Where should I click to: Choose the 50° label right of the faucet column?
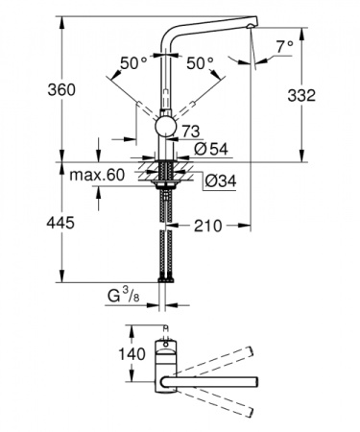(198, 63)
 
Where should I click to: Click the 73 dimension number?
(190, 130)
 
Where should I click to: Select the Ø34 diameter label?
(217, 179)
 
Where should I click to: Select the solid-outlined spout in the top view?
(211, 384)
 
